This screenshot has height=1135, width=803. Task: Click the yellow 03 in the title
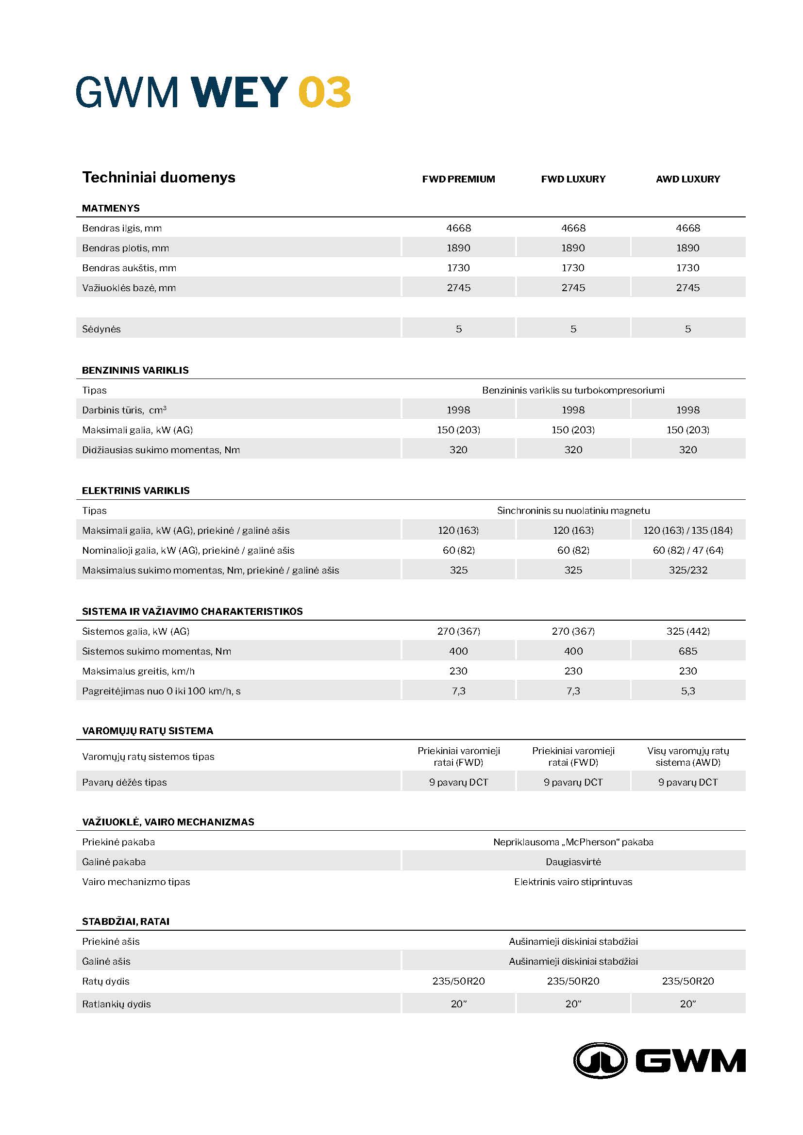point(324,92)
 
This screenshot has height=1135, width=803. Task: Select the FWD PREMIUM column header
point(458,179)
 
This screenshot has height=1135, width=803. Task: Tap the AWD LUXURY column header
point(687,179)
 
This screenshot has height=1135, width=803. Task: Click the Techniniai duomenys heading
point(159,178)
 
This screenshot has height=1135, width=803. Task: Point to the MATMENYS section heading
point(111,208)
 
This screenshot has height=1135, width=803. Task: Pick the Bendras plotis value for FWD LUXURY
point(573,247)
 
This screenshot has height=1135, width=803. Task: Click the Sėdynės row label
point(101,329)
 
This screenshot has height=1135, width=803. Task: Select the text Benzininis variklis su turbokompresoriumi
point(573,390)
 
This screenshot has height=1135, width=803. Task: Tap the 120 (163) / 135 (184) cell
point(687,530)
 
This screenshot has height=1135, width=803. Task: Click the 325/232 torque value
point(687,570)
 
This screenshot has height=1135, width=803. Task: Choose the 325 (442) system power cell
point(687,631)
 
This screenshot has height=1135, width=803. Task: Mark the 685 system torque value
point(687,651)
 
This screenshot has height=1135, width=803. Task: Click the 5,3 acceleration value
point(687,691)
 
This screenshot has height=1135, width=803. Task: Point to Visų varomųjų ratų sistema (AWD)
point(687,757)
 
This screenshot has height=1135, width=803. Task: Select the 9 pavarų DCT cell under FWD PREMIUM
point(458,782)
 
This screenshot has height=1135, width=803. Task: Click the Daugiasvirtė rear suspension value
point(573,862)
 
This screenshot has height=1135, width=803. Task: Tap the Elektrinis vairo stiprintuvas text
point(573,881)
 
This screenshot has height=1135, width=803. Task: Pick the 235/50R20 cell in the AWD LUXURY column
point(687,981)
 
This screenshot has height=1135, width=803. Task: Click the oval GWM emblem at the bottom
point(600,1060)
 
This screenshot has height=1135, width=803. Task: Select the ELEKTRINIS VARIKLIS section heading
point(135,491)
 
